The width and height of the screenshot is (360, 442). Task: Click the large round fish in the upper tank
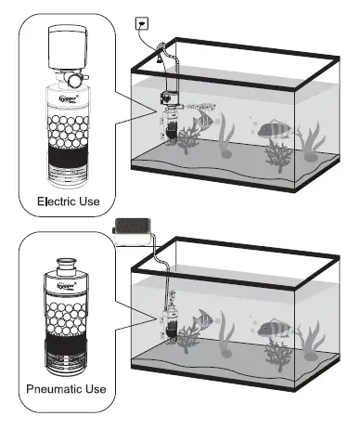[x=271, y=128]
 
